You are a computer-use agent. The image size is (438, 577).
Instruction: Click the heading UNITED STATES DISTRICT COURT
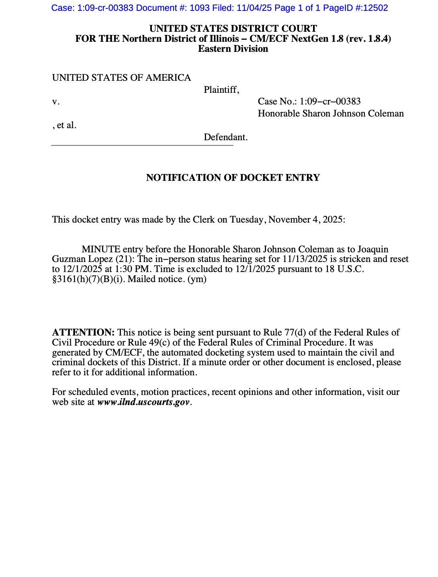(x=233, y=29)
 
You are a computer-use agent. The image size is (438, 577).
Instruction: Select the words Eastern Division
(x=233, y=49)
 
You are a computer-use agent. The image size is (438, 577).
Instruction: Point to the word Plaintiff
(x=221, y=90)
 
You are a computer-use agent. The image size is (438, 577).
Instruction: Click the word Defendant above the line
(x=225, y=137)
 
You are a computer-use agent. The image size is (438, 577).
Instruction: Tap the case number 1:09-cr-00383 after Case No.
(x=330, y=101)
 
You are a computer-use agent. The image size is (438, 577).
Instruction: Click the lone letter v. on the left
(x=55, y=102)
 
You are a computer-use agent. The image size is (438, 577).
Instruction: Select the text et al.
(x=66, y=125)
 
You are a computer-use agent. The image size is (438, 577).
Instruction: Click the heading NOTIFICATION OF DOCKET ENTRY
(x=233, y=178)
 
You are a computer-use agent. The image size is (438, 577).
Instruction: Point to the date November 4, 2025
(x=306, y=219)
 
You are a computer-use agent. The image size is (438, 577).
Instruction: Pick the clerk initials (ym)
(x=197, y=279)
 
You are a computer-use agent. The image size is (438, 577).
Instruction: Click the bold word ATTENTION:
(x=83, y=332)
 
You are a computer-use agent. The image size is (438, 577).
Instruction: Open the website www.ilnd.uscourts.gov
(x=143, y=402)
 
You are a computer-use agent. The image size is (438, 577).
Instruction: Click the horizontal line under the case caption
(x=142, y=145)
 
